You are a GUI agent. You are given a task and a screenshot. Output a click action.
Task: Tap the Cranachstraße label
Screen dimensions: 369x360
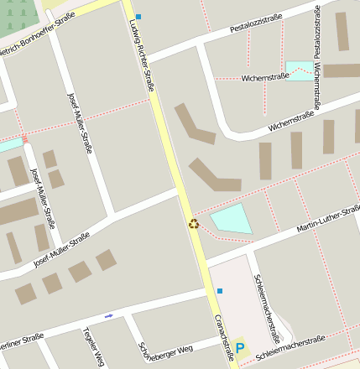tap(224, 337)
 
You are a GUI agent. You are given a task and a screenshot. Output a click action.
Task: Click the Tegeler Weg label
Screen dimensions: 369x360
tap(93, 346)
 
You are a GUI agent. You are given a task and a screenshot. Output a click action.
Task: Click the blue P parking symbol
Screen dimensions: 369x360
tap(240, 348)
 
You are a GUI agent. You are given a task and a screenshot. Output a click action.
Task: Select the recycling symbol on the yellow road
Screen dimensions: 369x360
tap(194, 224)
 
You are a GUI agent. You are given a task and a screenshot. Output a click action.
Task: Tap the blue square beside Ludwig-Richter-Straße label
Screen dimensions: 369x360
tap(138, 17)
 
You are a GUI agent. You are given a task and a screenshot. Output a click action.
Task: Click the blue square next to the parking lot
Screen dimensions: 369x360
tap(220, 291)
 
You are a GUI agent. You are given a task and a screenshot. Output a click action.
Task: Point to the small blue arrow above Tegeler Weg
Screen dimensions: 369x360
tap(108, 315)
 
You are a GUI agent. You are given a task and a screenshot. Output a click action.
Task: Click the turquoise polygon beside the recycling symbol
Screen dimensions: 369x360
tap(232, 219)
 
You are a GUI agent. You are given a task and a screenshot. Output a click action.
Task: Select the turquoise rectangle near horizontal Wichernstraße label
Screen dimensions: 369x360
tap(298, 70)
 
